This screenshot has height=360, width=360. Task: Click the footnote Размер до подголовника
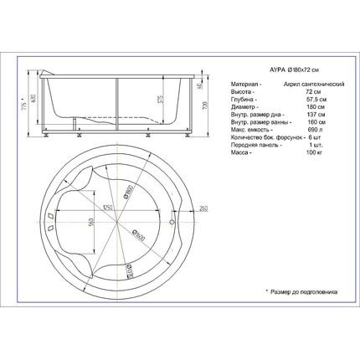pyautogui.click(x=303, y=292)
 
